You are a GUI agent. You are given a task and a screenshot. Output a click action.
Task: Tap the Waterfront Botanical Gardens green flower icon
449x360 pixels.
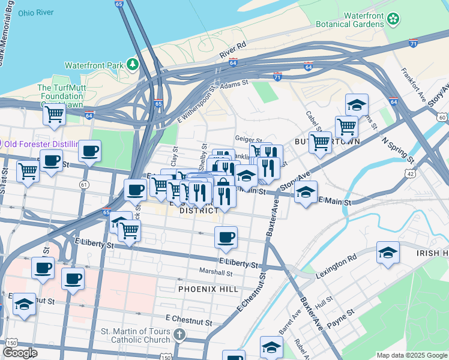(393, 19)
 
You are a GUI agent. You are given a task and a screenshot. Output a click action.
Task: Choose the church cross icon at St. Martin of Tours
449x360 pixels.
(179, 335)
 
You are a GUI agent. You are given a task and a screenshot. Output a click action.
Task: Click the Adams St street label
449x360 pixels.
(234, 87)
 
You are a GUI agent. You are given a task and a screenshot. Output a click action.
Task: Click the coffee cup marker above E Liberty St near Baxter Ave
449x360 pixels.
(226, 238)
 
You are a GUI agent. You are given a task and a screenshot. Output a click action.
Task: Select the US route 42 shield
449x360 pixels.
(410, 173)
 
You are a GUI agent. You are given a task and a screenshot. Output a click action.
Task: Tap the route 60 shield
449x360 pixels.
(442, 117)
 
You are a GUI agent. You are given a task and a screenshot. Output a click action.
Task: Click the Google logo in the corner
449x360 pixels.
(20, 353)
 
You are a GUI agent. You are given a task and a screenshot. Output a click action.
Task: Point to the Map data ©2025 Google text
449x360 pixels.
(412, 355)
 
